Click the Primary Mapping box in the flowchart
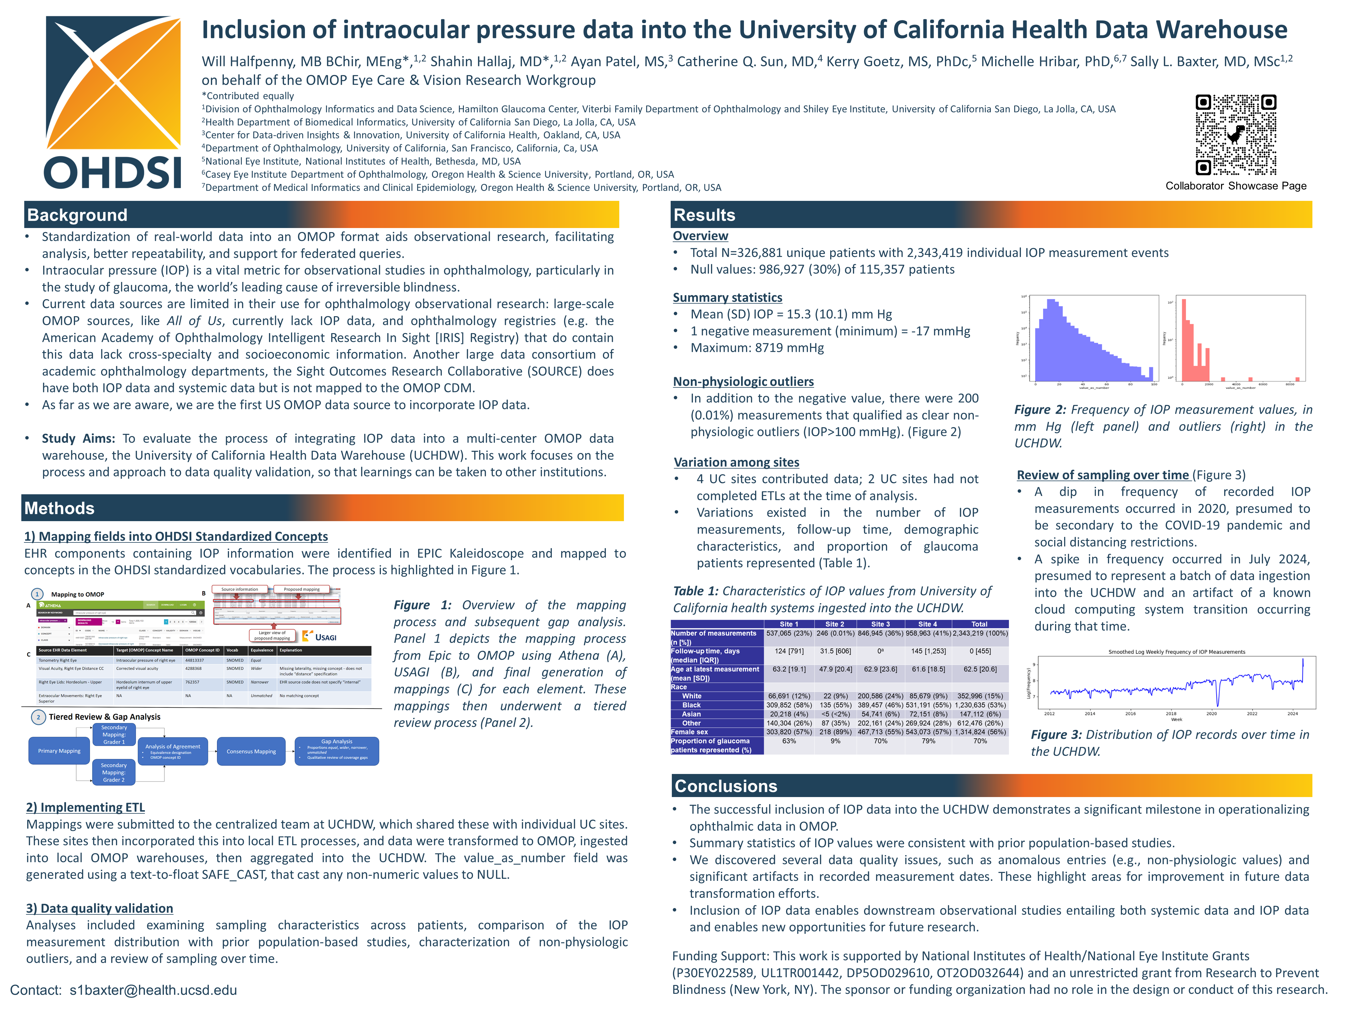click(x=59, y=751)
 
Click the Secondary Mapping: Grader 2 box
click(x=114, y=773)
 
